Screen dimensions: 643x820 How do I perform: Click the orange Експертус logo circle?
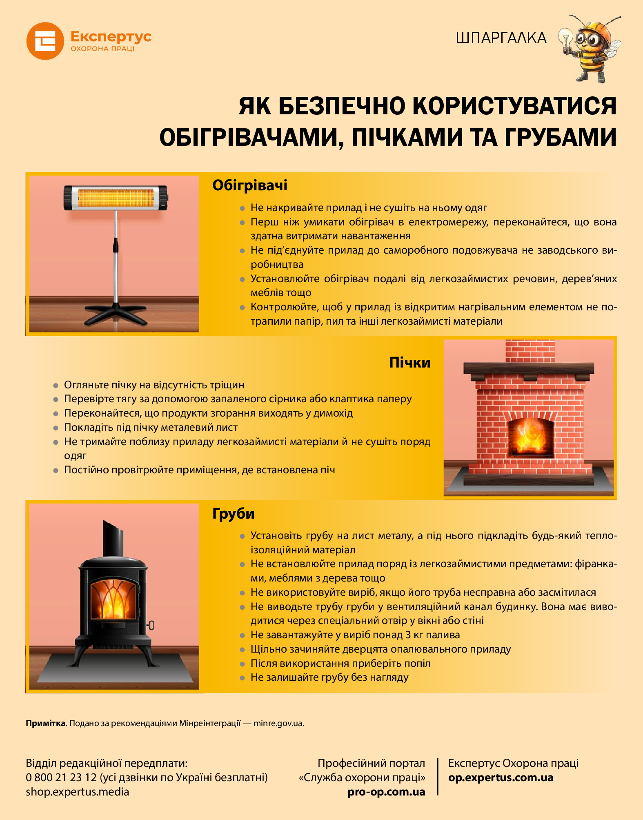coord(45,41)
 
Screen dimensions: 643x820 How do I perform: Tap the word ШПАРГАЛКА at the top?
coord(501,38)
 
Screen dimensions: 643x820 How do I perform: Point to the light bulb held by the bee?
coord(565,39)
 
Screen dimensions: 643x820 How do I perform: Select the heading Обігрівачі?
coord(250,185)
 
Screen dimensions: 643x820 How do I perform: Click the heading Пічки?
coord(409,362)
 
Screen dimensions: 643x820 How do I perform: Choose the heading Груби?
coord(233,513)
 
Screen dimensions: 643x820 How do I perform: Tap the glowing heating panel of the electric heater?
coord(116,198)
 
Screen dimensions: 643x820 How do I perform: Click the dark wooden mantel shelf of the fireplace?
coord(529,368)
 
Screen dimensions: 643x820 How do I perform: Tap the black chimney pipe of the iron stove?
coord(113,538)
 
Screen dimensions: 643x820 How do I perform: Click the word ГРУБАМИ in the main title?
coord(560,137)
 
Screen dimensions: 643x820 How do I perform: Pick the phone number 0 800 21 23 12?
coord(61,777)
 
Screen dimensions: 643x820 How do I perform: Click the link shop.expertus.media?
coord(77,792)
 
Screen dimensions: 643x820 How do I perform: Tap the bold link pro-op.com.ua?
coord(386,792)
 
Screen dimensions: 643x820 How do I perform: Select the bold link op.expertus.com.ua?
coord(501,778)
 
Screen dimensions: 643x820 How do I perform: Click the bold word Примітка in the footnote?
coord(46,723)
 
